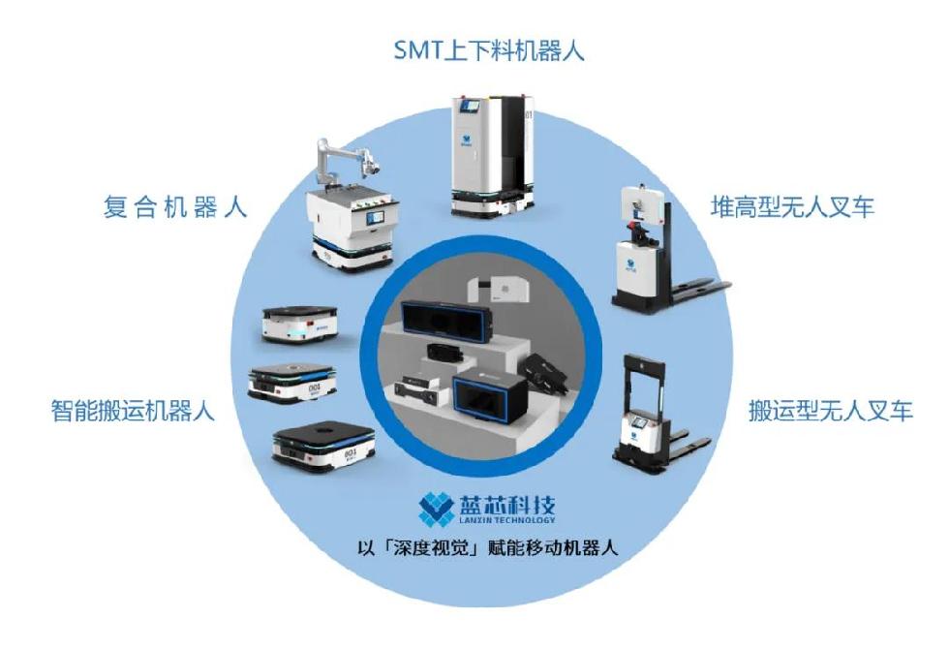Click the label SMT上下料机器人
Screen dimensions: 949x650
489,50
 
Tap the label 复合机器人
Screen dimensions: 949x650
175,207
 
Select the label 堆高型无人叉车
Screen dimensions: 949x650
792,207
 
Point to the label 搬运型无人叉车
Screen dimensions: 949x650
831,411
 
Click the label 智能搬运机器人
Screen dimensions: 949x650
134,411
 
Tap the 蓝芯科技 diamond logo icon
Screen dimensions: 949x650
437,509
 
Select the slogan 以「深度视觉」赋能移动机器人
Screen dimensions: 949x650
488,548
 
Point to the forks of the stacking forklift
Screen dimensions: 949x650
696,291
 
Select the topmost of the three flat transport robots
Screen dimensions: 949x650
299,324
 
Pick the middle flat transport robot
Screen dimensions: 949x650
292,383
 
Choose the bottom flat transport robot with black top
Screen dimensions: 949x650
323,447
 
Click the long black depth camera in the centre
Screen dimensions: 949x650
444,321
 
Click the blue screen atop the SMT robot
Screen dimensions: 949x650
470,108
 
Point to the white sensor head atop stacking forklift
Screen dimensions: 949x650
644,204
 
